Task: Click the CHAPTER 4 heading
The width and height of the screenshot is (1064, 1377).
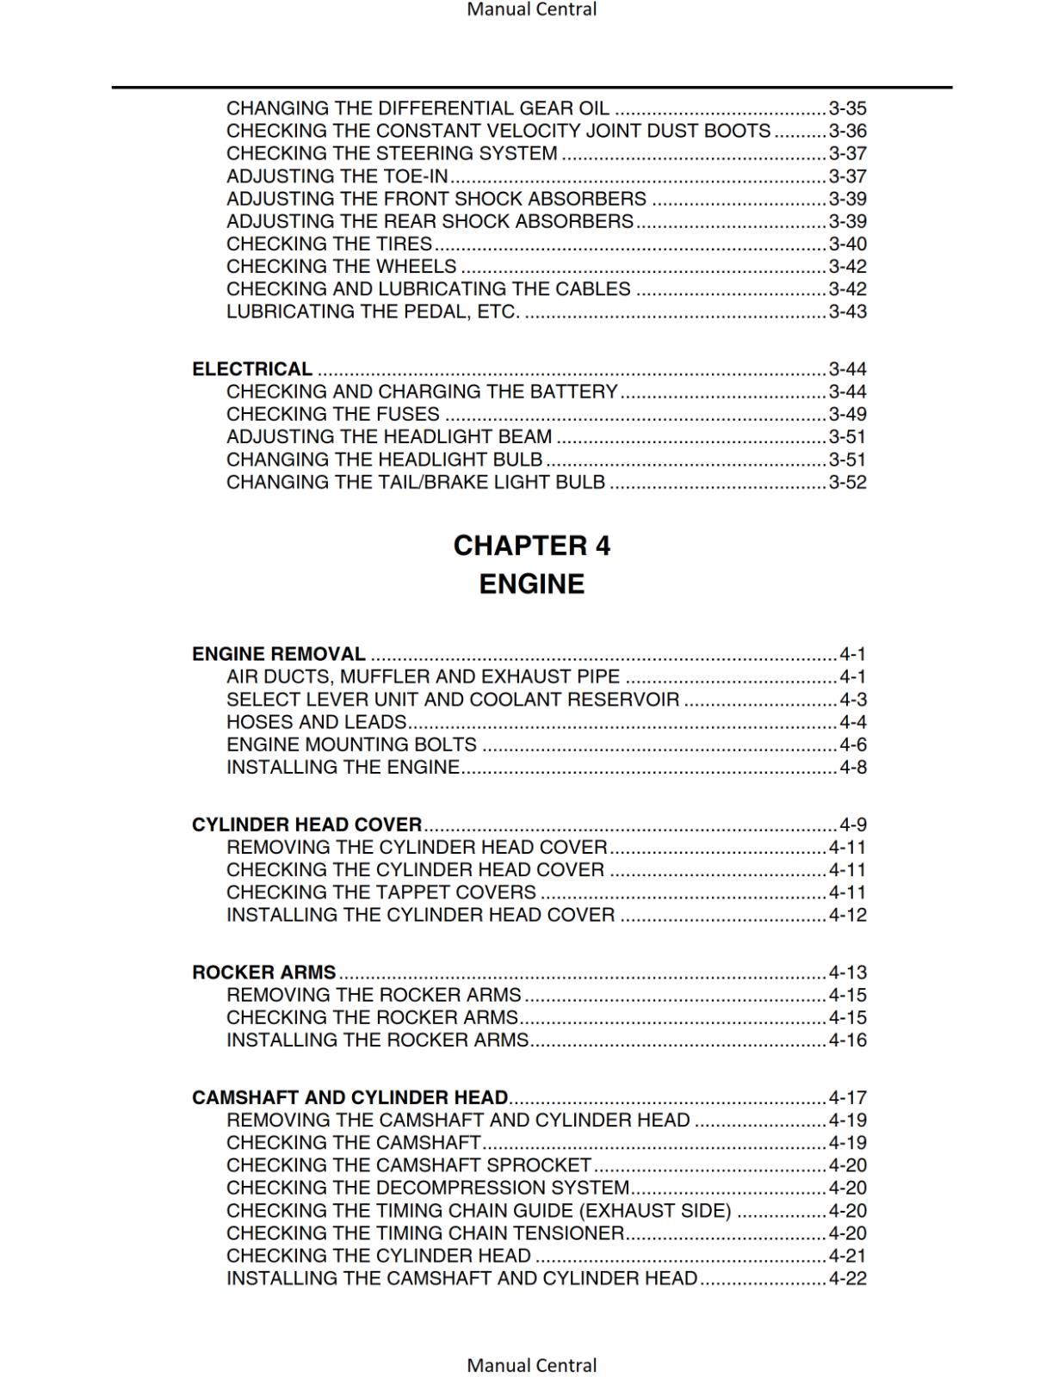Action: [x=531, y=546]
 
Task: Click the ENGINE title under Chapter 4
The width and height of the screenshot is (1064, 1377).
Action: [x=531, y=584]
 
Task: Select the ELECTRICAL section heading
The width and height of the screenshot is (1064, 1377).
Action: [x=252, y=369]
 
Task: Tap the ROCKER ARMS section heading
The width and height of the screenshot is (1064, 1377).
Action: [x=263, y=973]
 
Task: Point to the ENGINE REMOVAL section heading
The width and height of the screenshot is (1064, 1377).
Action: [x=278, y=654]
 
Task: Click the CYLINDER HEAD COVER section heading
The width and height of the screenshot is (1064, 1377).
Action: [x=306, y=824]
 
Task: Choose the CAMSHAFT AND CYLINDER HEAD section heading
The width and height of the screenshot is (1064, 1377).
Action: [x=350, y=1097]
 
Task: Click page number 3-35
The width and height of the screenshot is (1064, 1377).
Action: [x=847, y=108]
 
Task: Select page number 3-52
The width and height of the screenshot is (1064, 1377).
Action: [x=847, y=482]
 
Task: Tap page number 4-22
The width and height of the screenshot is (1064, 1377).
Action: [x=847, y=1278]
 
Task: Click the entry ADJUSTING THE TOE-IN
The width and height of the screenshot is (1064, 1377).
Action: [x=337, y=176]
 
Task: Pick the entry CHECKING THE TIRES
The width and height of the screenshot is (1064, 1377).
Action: [x=329, y=244]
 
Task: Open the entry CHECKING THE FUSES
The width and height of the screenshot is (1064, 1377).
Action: [x=333, y=414]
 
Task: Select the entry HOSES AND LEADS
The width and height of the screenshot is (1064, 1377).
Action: [x=316, y=722]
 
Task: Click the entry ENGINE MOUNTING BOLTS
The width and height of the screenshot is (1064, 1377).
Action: [x=351, y=744]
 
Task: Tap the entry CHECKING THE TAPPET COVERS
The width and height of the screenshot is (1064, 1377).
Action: [x=381, y=892]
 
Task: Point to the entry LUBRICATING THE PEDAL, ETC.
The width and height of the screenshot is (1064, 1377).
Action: [x=373, y=312]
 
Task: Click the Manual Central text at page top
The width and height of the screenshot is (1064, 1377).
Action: [x=531, y=9]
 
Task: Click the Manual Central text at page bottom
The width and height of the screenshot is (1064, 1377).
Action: [x=531, y=1365]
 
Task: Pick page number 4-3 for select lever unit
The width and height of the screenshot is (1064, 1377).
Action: [x=853, y=700]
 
